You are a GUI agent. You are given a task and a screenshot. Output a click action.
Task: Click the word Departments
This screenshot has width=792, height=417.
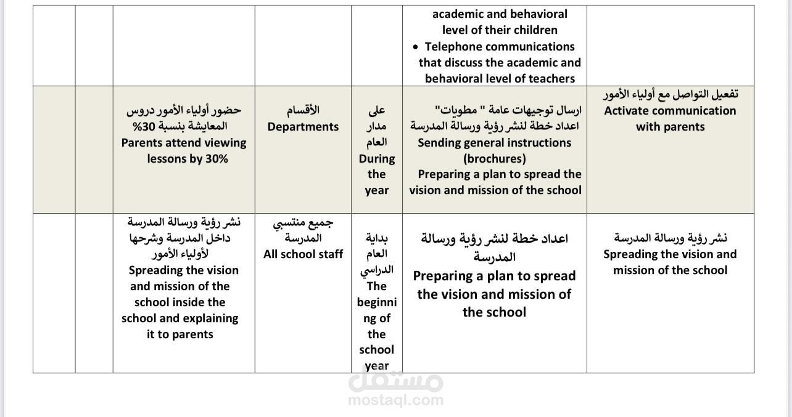pos(303,127)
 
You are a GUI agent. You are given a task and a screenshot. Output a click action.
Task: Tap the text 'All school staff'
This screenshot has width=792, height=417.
pos(303,254)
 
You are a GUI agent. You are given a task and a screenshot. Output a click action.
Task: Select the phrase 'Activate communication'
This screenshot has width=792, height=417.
pos(670,111)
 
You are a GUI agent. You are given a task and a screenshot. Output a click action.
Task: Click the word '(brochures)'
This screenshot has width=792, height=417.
pos(495,159)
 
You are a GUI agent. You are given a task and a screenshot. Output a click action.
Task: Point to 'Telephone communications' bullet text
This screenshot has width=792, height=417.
pos(499,47)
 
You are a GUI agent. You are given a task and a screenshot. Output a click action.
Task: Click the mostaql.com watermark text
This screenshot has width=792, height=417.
pos(395,400)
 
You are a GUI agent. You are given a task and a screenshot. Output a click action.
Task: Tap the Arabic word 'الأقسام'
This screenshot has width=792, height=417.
pos(303,111)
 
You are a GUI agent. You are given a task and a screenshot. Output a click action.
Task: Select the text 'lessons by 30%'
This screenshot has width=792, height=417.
pos(187,159)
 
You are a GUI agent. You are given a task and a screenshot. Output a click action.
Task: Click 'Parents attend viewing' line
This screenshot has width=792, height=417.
pos(184,143)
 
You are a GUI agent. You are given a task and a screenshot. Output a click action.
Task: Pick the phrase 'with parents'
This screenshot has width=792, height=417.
pos(670,127)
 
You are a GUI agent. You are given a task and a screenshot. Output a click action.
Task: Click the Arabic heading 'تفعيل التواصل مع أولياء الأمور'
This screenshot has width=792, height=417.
pos(670,95)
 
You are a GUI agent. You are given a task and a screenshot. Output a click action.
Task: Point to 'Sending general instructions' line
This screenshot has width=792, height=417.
pos(495,143)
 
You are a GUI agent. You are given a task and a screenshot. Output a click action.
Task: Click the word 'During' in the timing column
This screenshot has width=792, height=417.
pos(376,159)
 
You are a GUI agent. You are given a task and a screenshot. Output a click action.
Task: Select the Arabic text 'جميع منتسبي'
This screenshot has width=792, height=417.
pos(303,222)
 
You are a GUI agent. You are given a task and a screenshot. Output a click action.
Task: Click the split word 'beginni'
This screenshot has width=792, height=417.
pos(376,302)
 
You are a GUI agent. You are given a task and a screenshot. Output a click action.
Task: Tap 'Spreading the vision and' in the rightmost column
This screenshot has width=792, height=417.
pos(670,254)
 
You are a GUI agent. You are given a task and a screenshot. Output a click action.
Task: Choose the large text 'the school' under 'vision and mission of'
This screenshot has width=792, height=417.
pos(494,312)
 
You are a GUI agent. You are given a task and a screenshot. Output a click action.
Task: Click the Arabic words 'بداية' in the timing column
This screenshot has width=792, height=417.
pos(376,238)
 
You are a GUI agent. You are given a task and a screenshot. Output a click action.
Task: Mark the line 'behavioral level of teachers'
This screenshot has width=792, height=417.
pos(500,79)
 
